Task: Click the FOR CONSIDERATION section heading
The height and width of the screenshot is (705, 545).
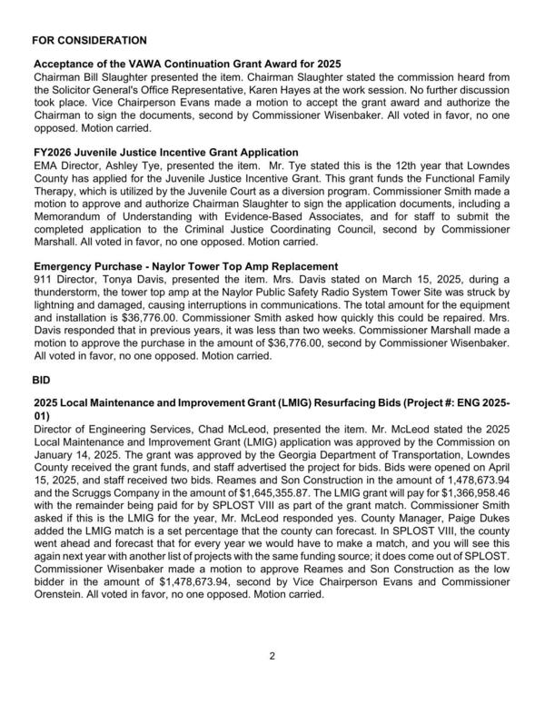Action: [88, 41]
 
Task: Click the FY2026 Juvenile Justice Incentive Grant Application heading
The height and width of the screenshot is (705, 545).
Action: [165, 152]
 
